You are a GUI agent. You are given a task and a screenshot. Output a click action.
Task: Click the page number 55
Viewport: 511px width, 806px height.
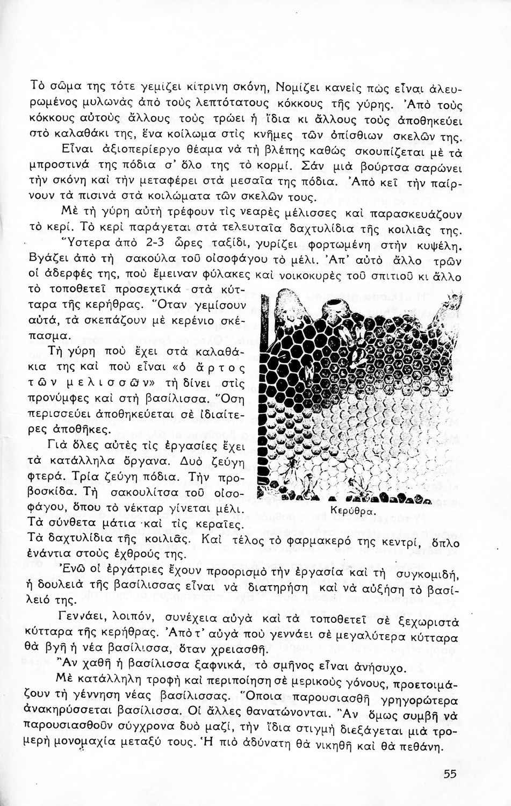(451, 774)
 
